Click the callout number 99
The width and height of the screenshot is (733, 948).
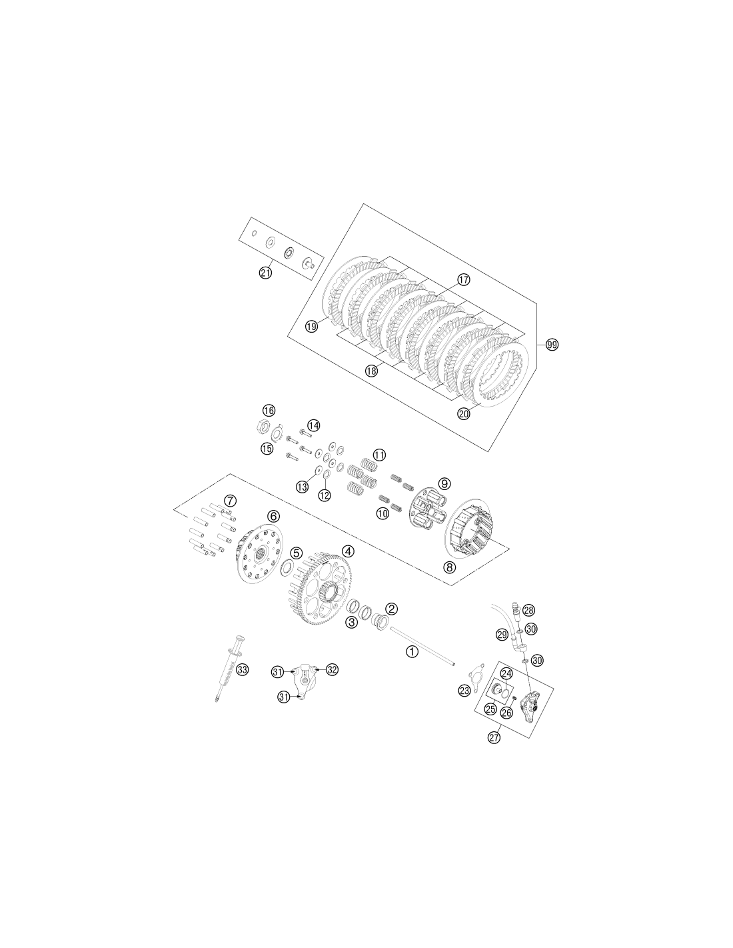click(552, 345)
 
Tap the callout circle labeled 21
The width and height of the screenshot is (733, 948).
click(265, 273)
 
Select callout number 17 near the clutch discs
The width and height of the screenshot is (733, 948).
click(464, 279)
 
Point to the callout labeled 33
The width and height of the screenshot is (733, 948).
click(242, 669)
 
